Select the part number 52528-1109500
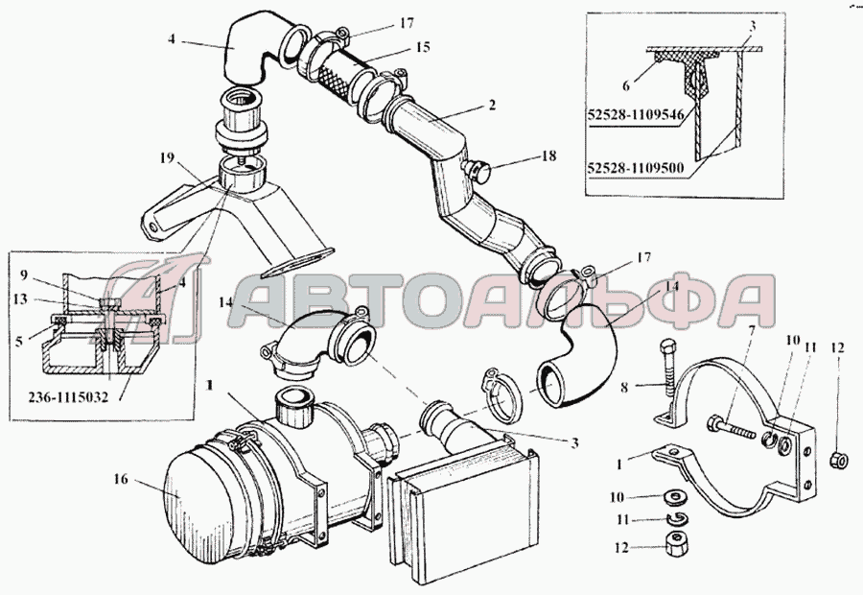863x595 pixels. tap(636, 168)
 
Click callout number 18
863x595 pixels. tap(548, 155)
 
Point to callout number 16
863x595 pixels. tap(121, 479)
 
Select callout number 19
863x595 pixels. tap(167, 158)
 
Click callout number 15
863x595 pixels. tap(423, 47)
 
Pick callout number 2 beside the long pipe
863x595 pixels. tap(492, 104)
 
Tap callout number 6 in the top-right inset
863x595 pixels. tap(626, 85)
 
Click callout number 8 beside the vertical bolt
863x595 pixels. tap(624, 388)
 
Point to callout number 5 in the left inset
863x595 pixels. tap(19, 342)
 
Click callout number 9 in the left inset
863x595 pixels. tap(23, 274)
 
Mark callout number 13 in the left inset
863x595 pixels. tap(20, 299)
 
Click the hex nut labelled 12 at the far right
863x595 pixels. tap(838, 458)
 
